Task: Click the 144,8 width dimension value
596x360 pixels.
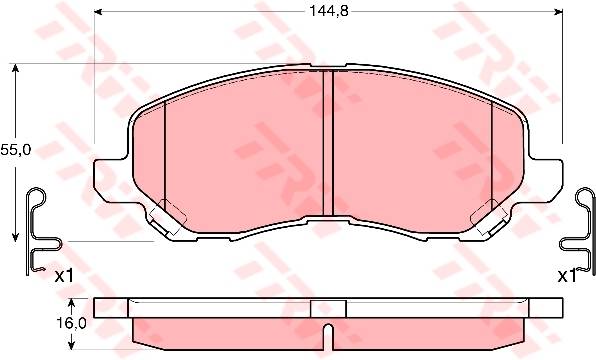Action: coord(328,11)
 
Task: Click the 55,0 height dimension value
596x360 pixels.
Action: coord(15,150)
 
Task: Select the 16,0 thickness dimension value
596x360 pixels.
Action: coord(71,323)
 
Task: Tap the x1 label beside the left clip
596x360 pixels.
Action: coord(63,276)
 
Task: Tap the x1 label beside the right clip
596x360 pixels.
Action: coord(567,276)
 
